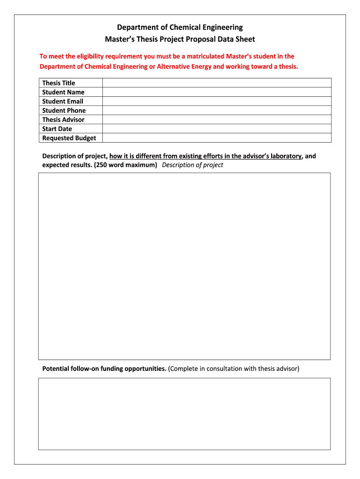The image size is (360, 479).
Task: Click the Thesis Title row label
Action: (x=58, y=83)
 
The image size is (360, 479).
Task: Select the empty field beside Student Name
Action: (x=216, y=92)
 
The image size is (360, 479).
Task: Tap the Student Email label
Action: (x=63, y=101)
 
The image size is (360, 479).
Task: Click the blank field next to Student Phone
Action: (x=216, y=110)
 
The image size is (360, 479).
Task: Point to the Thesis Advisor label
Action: (x=63, y=119)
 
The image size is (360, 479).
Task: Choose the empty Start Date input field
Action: (x=216, y=129)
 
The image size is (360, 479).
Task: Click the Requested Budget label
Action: (x=69, y=138)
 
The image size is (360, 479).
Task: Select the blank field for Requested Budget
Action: (x=216, y=138)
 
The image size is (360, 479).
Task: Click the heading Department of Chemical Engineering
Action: (x=180, y=28)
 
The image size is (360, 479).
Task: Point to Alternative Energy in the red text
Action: (x=184, y=66)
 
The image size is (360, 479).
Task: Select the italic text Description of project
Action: (x=192, y=165)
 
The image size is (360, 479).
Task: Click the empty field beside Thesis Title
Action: (x=216, y=83)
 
